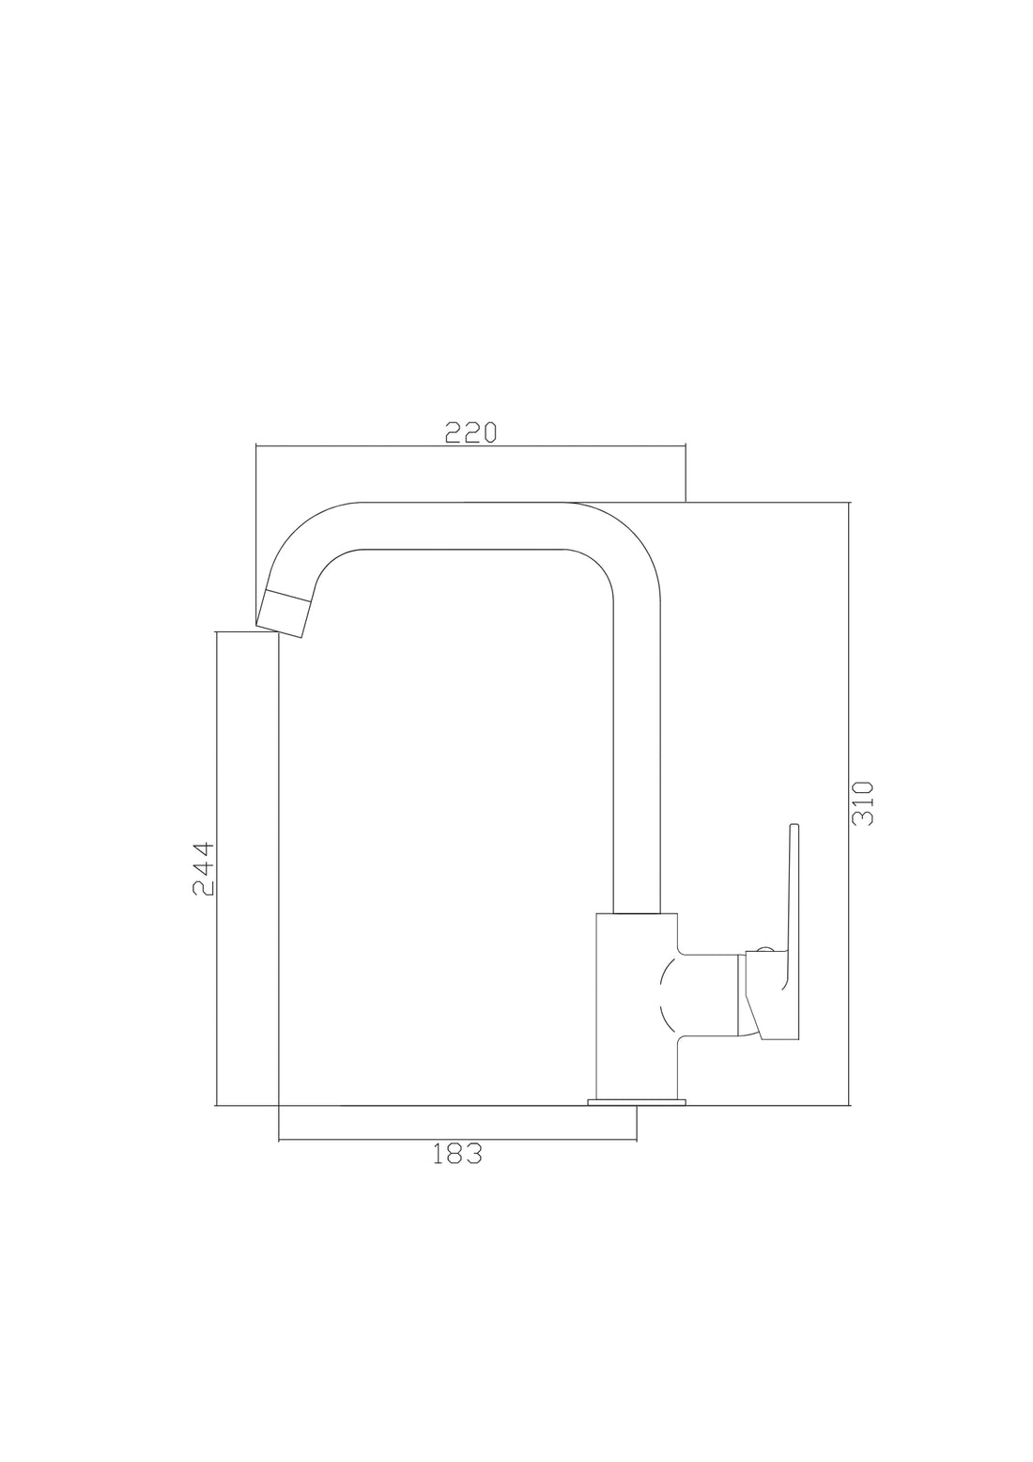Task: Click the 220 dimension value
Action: click(x=470, y=432)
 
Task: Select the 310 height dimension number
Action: click(x=862, y=802)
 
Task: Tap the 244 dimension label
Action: click(x=204, y=868)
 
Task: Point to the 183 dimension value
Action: click(x=457, y=1154)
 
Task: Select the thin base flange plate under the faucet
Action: click(x=637, y=1101)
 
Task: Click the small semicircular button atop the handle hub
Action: click(x=763, y=950)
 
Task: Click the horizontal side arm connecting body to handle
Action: click(x=709, y=996)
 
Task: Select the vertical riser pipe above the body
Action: click(x=637, y=752)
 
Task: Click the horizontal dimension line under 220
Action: click(x=470, y=445)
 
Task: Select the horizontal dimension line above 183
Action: click(x=457, y=1141)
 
